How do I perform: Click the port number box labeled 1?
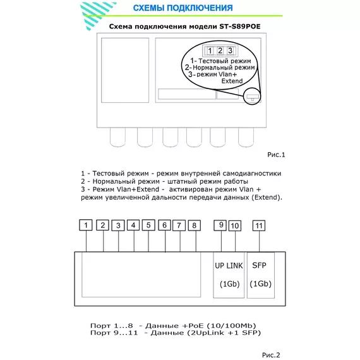tap(86, 225)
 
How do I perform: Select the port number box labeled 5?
tap(148, 225)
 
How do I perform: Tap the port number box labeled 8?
tap(195, 225)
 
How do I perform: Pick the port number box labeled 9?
tap(220, 225)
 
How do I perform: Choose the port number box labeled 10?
tap(235, 225)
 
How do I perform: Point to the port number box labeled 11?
tap(259, 225)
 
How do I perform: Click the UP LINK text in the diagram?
tap(229, 266)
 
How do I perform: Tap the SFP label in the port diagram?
tap(259, 265)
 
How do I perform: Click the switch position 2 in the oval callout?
tap(220, 51)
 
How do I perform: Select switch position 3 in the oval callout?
tap(230, 51)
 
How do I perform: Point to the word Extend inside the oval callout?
tap(232, 81)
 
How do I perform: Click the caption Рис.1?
tap(276, 155)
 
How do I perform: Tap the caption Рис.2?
tap(271, 355)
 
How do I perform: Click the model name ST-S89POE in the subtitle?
tap(240, 27)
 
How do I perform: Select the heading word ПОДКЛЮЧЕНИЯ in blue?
tap(200, 8)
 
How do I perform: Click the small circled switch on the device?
tap(252, 97)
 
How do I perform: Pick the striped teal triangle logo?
tap(97, 15)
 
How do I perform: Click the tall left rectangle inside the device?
tap(125, 70)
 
